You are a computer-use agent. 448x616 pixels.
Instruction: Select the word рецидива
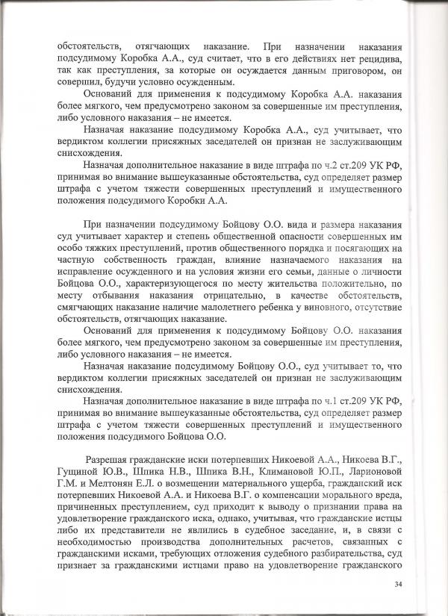point(379,59)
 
